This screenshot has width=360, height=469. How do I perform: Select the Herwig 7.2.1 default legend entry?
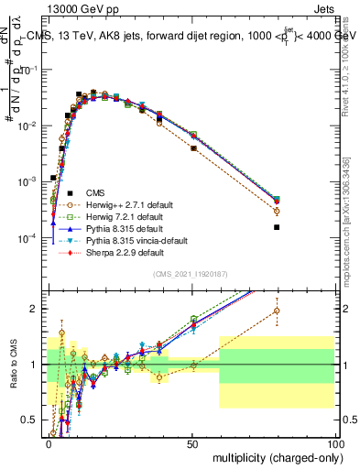(120, 216)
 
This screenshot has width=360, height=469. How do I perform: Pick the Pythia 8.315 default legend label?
(120, 228)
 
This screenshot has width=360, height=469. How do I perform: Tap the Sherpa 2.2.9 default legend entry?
(119, 252)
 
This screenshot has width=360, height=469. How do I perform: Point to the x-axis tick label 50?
(192, 443)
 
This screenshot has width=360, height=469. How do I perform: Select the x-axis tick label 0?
(49, 443)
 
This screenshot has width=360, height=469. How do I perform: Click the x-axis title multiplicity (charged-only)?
(273, 457)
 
